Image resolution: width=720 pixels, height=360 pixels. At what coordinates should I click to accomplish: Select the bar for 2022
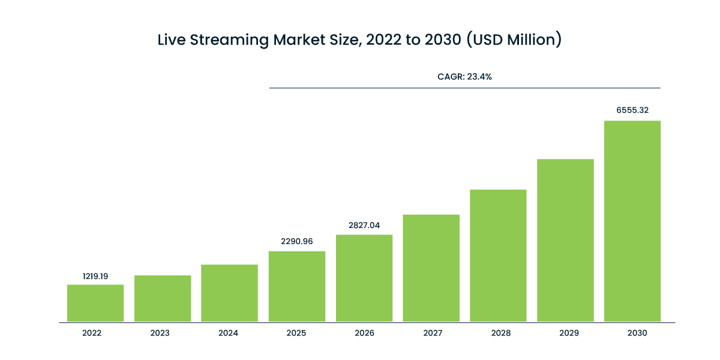point(95,303)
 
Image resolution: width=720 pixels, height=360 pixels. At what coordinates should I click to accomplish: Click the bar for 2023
point(163,298)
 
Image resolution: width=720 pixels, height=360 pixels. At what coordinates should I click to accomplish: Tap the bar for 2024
point(230,293)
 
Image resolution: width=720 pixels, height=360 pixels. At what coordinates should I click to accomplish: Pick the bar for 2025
point(297,286)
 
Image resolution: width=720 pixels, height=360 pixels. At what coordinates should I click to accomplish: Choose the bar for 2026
point(364,278)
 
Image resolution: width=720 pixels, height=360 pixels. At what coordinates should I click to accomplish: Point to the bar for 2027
point(431,268)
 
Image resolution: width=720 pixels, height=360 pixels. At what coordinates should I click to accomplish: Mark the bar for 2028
point(499,256)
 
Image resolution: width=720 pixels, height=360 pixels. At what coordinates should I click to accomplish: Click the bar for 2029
point(566,240)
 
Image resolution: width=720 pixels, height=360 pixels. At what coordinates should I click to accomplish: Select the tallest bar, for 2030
point(633,221)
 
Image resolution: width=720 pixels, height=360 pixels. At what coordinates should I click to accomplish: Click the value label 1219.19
point(95,277)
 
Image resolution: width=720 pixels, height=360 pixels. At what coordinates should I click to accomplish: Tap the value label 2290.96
point(297,242)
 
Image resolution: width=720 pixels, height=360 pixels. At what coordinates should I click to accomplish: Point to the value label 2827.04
point(364,226)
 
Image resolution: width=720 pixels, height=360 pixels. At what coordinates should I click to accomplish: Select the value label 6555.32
point(633,110)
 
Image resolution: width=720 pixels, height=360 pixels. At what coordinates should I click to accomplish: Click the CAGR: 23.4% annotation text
point(465,77)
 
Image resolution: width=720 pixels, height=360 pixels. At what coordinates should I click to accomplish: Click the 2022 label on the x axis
point(92,333)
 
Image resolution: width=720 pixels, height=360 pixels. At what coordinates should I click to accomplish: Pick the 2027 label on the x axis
point(431,333)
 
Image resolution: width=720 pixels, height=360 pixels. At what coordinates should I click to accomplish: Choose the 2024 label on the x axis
point(227,333)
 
